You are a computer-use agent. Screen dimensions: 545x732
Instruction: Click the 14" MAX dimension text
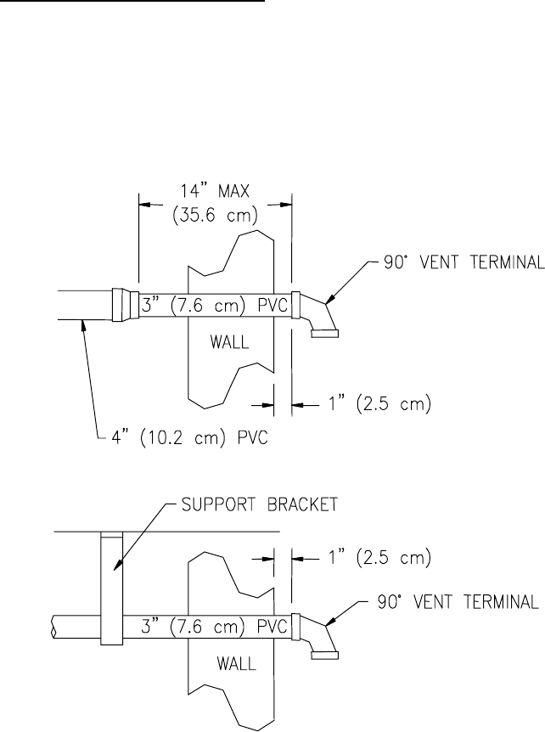[x=215, y=191]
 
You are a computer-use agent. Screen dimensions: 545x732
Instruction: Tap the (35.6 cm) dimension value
[x=215, y=217]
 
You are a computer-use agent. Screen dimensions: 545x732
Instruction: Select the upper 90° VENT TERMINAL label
[x=464, y=262]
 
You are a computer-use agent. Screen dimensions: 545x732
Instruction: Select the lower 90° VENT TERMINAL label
[x=458, y=602]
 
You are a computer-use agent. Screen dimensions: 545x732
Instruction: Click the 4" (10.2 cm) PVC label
[x=189, y=438]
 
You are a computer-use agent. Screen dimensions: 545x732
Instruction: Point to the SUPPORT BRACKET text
[x=260, y=504]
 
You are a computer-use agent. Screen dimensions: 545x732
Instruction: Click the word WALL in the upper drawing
[x=229, y=343]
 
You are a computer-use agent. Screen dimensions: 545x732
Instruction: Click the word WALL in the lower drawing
[x=236, y=663]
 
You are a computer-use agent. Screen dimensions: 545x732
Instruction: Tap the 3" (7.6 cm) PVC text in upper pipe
[x=214, y=306]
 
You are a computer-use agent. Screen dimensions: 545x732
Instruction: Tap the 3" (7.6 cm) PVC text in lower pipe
[x=214, y=627]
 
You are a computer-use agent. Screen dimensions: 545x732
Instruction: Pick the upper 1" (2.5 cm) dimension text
[x=379, y=404]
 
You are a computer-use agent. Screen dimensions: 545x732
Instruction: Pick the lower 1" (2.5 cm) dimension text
[x=379, y=558]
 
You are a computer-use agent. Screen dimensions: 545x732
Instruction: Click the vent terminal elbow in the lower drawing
[x=321, y=635]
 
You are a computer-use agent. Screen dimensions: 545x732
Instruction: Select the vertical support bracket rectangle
[x=111, y=588]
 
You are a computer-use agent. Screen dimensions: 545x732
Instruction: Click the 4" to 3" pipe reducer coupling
[x=126, y=305]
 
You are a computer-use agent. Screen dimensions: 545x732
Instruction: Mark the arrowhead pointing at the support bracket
[x=118, y=566]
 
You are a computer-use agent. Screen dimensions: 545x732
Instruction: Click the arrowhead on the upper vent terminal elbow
[x=329, y=299]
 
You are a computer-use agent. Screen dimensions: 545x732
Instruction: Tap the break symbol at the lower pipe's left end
[x=53, y=627]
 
